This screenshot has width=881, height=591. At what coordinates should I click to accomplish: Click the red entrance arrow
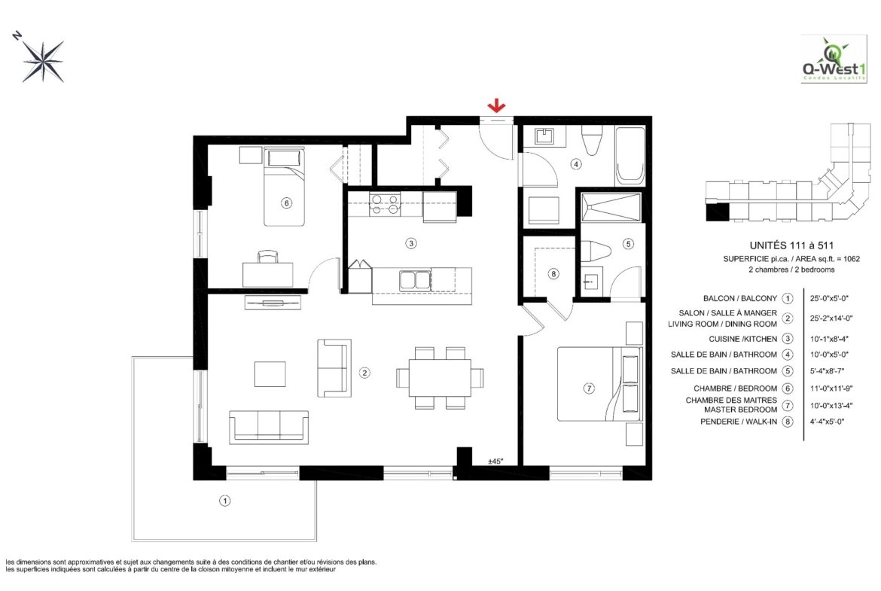496,105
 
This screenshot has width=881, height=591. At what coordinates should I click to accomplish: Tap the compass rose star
43,61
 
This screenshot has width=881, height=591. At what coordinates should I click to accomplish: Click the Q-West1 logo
834,59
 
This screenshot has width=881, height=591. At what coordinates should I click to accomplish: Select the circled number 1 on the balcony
224,501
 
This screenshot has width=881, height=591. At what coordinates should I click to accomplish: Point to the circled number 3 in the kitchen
411,243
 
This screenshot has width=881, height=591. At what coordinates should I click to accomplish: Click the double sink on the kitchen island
415,280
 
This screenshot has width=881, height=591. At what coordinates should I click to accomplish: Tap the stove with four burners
384,204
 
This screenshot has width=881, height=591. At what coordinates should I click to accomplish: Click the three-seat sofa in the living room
269,427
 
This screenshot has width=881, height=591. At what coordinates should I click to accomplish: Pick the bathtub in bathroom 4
630,155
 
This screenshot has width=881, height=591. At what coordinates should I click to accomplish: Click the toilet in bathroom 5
594,251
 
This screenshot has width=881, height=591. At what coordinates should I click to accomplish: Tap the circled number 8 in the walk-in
553,273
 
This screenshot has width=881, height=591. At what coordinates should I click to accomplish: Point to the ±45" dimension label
495,462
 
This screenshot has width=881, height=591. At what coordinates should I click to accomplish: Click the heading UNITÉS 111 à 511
791,245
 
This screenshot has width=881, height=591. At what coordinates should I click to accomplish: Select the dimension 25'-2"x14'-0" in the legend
831,318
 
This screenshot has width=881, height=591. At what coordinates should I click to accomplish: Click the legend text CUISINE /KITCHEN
742,339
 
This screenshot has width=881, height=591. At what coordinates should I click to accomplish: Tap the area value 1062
851,259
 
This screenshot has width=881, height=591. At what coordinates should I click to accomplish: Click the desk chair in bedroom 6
268,256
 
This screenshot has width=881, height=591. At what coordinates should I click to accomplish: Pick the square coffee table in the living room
270,373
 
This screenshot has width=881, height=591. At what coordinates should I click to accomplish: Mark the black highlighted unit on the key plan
717,212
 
